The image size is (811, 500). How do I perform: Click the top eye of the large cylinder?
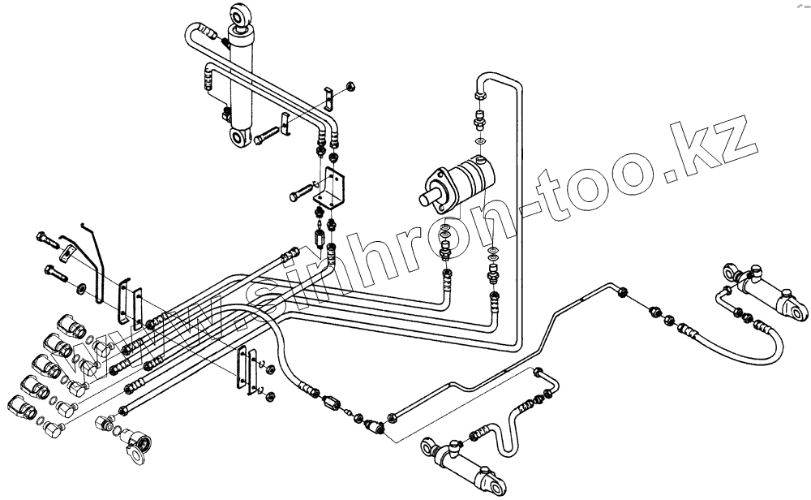tap(242, 14)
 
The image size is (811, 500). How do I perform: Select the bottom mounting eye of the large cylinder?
tap(240, 138)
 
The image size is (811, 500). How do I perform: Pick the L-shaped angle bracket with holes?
tap(333, 187)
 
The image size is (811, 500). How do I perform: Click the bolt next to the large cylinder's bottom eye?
tap(266, 139)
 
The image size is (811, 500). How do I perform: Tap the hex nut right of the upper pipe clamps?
tap(350, 85)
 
